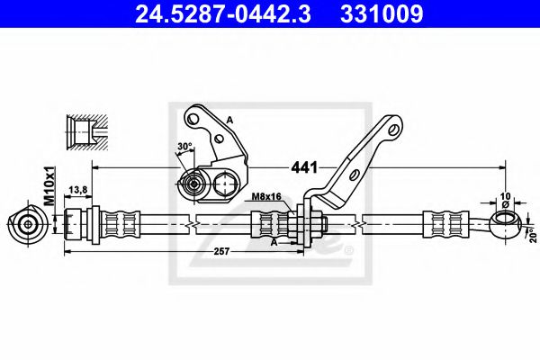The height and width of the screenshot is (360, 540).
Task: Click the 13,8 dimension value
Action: click(x=78, y=191)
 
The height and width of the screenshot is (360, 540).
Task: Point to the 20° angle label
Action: click(x=531, y=234)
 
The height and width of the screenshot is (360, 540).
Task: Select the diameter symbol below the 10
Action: click(x=505, y=204)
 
